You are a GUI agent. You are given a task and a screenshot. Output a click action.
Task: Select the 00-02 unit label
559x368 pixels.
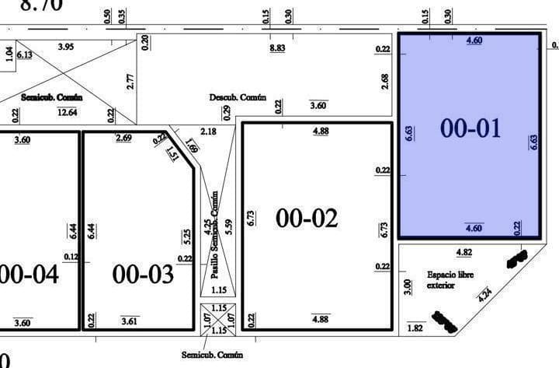(x=307, y=219)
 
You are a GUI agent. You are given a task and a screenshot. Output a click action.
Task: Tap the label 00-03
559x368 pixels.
(x=143, y=274)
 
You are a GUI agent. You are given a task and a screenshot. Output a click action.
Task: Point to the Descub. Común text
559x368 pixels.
(x=238, y=97)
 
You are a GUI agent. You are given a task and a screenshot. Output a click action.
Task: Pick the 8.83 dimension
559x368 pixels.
(x=277, y=48)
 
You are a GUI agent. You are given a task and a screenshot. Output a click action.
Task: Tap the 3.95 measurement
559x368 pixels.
(x=66, y=47)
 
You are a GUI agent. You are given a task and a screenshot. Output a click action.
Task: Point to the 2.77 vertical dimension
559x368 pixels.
(x=130, y=81)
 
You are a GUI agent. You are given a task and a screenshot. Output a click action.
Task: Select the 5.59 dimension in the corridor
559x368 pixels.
(x=227, y=227)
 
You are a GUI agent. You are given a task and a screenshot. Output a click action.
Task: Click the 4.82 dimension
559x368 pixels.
(x=464, y=252)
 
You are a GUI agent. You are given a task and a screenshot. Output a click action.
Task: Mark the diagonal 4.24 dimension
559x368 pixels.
(x=485, y=295)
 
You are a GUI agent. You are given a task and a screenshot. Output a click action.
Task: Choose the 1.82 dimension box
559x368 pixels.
(x=415, y=329)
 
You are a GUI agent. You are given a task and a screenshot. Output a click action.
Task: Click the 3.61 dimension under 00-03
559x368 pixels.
(x=130, y=321)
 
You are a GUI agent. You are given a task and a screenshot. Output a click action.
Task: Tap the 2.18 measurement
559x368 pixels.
(x=208, y=131)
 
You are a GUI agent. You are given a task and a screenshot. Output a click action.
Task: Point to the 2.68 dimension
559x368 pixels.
(x=385, y=81)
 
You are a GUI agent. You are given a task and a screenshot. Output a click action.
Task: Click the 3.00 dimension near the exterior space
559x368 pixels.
(x=408, y=286)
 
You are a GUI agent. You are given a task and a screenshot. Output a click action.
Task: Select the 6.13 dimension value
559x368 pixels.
(x=24, y=54)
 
